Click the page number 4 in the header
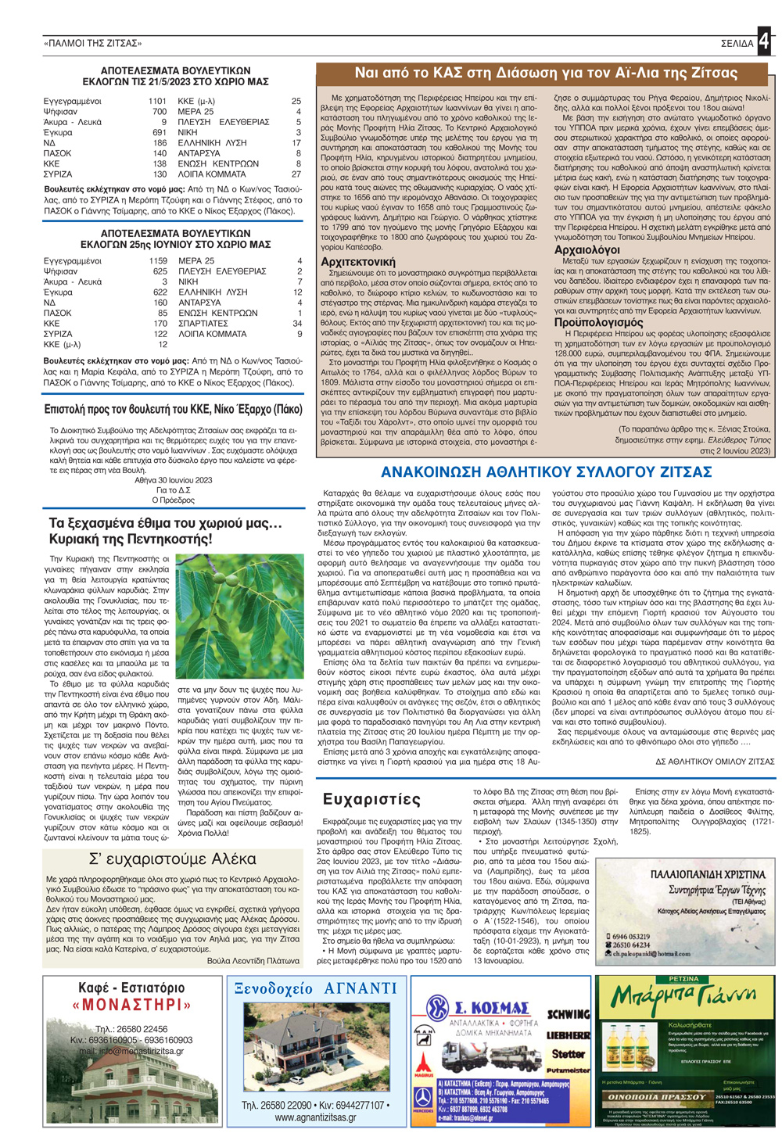pyautogui.click(x=763, y=41)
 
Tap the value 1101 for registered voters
pyautogui.click(x=157, y=101)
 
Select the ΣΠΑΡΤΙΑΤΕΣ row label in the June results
pyautogui.click(x=203, y=323)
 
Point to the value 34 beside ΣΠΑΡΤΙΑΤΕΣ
pyautogui.click(x=297, y=323)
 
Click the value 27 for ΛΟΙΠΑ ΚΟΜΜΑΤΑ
pyautogui.click(x=296, y=174)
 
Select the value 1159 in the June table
pyautogui.click(x=158, y=260)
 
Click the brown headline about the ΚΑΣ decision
pyautogui.click(x=545, y=74)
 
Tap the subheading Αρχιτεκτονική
pyautogui.click(x=358, y=261)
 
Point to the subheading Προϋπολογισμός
pyautogui.click(x=598, y=321)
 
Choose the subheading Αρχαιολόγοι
pyautogui.click(x=586, y=249)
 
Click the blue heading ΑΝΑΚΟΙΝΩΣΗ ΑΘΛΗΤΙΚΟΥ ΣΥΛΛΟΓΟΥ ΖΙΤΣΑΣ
pyautogui.click(x=546, y=472)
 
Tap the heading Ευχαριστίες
pyautogui.click(x=371, y=799)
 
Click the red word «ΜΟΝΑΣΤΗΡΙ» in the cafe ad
pyautogui.click(x=131, y=1005)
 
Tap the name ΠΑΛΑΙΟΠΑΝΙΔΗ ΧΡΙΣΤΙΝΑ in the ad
pyautogui.click(x=708, y=874)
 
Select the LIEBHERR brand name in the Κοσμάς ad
pyautogui.click(x=568, y=1035)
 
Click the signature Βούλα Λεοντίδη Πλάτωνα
pyautogui.click(x=253, y=961)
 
